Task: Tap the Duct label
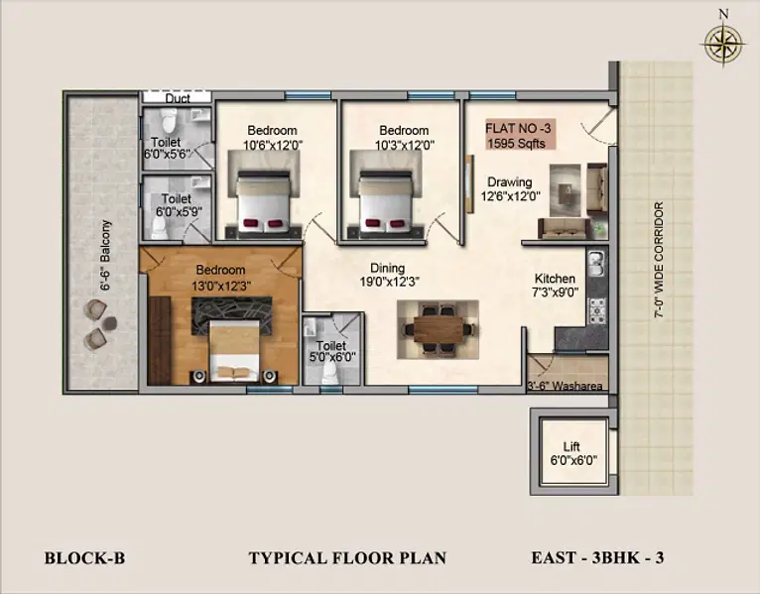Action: (x=178, y=98)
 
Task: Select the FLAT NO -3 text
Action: (x=518, y=128)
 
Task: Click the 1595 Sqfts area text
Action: (x=516, y=144)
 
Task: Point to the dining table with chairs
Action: (x=439, y=329)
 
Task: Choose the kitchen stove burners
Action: (x=596, y=311)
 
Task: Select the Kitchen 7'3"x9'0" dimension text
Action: (x=555, y=286)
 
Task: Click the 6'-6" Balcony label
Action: (x=105, y=255)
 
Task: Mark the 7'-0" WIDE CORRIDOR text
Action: (x=659, y=260)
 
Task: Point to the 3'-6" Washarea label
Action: (x=565, y=386)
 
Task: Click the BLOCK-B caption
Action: (x=84, y=558)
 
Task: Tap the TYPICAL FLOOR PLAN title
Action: (x=347, y=558)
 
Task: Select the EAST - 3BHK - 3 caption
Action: (x=597, y=557)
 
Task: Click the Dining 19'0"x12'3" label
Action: (x=389, y=275)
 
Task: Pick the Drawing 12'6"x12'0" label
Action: (x=510, y=189)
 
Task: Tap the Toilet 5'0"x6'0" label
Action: (x=331, y=351)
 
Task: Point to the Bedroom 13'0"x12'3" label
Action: (x=220, y=278)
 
